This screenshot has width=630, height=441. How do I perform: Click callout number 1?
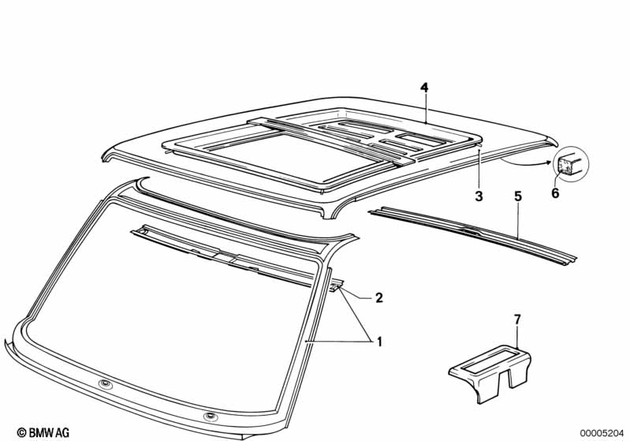[379, 342]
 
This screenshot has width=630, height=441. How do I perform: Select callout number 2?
[379, 298]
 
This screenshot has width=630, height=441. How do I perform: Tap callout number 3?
[479, 196]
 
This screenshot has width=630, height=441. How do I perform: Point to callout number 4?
[424, 88]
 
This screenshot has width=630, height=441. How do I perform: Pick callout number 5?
[518, 196]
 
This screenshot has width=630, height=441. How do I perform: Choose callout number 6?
[555, 193]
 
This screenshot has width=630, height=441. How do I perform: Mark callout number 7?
[517, 320]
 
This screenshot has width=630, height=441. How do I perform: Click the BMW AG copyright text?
[43, 432]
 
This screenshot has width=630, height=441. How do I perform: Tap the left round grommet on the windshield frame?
[106, 385]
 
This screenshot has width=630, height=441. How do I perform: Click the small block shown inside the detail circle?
[568, 164]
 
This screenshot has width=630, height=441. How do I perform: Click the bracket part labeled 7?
[490, 373]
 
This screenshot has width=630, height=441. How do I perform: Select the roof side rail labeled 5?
[473, 234]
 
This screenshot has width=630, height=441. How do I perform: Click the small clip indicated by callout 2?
[337, 286]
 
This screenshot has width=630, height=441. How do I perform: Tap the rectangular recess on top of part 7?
[490, 360]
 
